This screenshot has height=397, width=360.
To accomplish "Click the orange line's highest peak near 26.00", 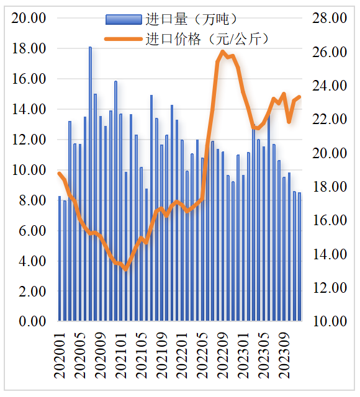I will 222,53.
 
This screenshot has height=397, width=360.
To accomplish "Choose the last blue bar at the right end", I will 300,257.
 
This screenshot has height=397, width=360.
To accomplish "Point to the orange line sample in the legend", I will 122,40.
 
